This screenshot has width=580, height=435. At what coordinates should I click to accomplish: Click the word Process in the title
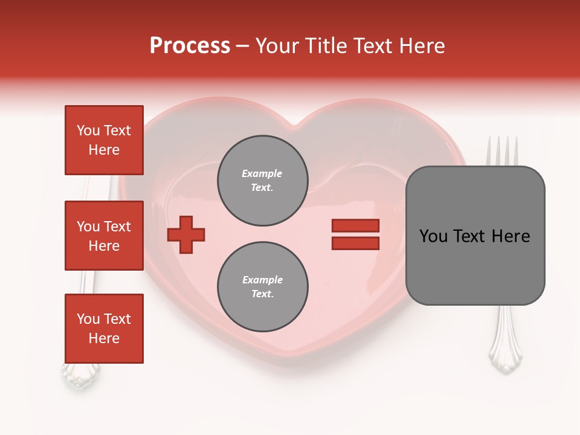click(x=190, y=46)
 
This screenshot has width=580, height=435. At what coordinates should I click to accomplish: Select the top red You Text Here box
click(x=104, y=140)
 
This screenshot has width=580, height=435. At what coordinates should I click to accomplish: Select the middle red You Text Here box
click(x=104, y=236)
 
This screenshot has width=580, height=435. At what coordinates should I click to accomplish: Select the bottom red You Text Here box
click(x=104, y=329)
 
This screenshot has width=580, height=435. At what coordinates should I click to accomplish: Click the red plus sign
click(x=186, y=234)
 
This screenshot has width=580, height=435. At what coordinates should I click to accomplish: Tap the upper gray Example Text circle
click(x=263, y=181)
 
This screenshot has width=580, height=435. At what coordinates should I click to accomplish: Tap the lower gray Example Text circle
click(x=263, y=287)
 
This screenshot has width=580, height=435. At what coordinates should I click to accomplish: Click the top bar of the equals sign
click(x=355, y=226)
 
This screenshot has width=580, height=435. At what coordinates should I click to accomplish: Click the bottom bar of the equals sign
click(x=355, y=243)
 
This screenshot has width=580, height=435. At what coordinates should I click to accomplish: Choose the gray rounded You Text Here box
click(x=475, y=236)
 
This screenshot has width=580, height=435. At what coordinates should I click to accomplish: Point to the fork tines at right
click(x=503, y=151)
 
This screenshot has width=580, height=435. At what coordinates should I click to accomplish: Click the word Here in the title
click(x=422, y=46)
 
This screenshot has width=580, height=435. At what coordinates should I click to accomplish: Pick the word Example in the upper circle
click(x=262, y=173)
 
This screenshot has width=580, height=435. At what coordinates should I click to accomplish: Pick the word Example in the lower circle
click(x=262, y=280)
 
